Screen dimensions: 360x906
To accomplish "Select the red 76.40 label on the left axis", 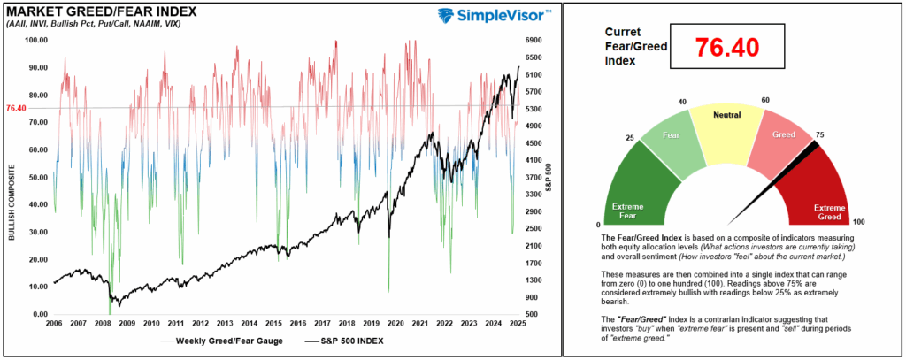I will click(x=16, y=108).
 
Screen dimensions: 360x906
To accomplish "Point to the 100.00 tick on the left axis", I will click(x=36, y=40).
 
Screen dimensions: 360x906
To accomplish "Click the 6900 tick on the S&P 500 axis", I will click(x=538, y=40).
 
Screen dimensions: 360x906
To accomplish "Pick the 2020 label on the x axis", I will click(x=395, y=324).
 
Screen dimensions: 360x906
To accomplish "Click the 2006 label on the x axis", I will click(x=54, y=324).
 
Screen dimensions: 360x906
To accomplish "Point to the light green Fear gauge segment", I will click(x=668, y=142).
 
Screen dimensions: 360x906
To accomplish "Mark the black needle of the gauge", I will click(x=779, y=181).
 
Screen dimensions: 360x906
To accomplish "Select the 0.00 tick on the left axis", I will click(x=38, y=314).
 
